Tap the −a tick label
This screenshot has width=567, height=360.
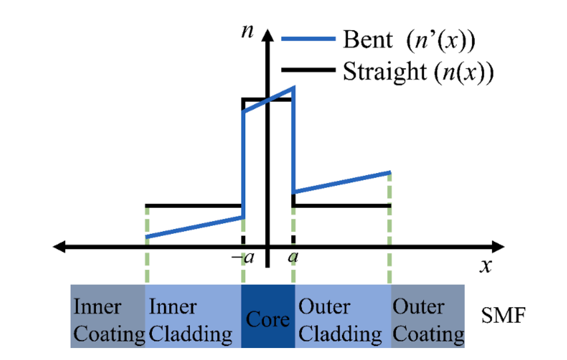(x=242, y=257)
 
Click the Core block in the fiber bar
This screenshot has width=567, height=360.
(x=268, y=316)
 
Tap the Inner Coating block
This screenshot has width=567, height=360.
(x=108, y=316)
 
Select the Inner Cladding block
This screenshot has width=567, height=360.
(x=193, y=316)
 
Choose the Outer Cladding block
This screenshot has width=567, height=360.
(x=342, y=316)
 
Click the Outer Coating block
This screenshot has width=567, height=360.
(x=427, y=316)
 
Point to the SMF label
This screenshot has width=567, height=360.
(x=502, y=315)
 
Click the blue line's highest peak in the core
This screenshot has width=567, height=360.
(x=294, y=88)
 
